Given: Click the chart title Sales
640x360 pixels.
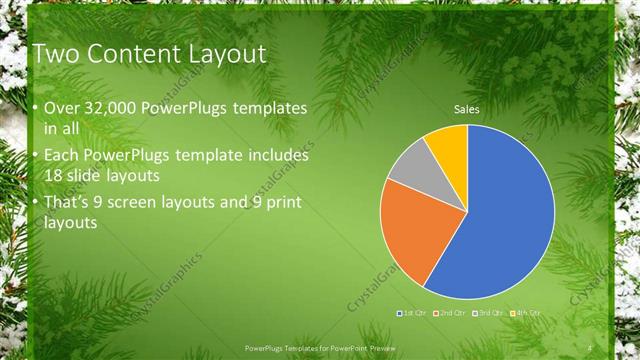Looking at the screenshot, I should pos(467,108).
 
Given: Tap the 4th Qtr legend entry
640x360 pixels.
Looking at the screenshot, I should pos(526,313).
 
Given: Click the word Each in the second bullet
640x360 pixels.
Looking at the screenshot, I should pos(61,156).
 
